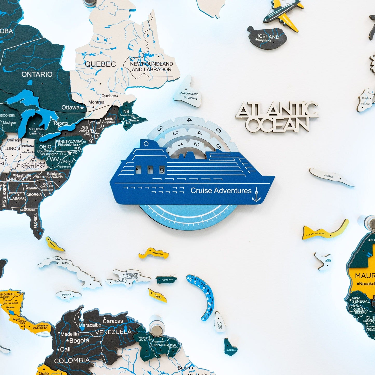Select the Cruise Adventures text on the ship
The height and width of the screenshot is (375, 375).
[221, 191]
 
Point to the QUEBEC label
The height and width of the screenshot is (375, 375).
[100, 64]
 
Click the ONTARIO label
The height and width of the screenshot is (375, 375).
[37, 74]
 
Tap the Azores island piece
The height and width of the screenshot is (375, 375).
[331, 177]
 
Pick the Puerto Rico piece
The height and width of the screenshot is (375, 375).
[167, 280]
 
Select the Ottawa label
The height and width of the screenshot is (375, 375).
[71, 107]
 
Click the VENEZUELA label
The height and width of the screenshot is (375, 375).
[113, 332]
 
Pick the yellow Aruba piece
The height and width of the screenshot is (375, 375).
[158, 295]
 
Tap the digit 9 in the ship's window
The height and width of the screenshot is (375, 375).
[162, 170]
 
